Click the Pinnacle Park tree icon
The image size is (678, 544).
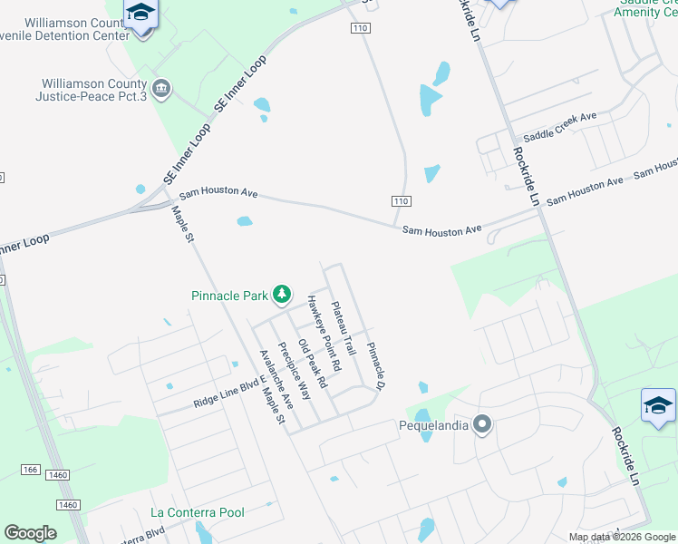(283, 294)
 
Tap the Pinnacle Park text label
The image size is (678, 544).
(230, 295)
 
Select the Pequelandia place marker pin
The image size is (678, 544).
(483, 423)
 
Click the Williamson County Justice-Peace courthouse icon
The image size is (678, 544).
(161, 88)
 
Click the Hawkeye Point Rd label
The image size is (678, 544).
(323, 333)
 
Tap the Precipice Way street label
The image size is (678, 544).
(295, 370)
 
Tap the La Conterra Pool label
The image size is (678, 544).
(198, 512)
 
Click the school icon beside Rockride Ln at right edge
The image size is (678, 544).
(658, 405)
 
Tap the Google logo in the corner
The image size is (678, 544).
(30, 533)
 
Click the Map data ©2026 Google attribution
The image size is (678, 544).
(622, 537)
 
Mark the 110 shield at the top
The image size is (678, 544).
(361, 29)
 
